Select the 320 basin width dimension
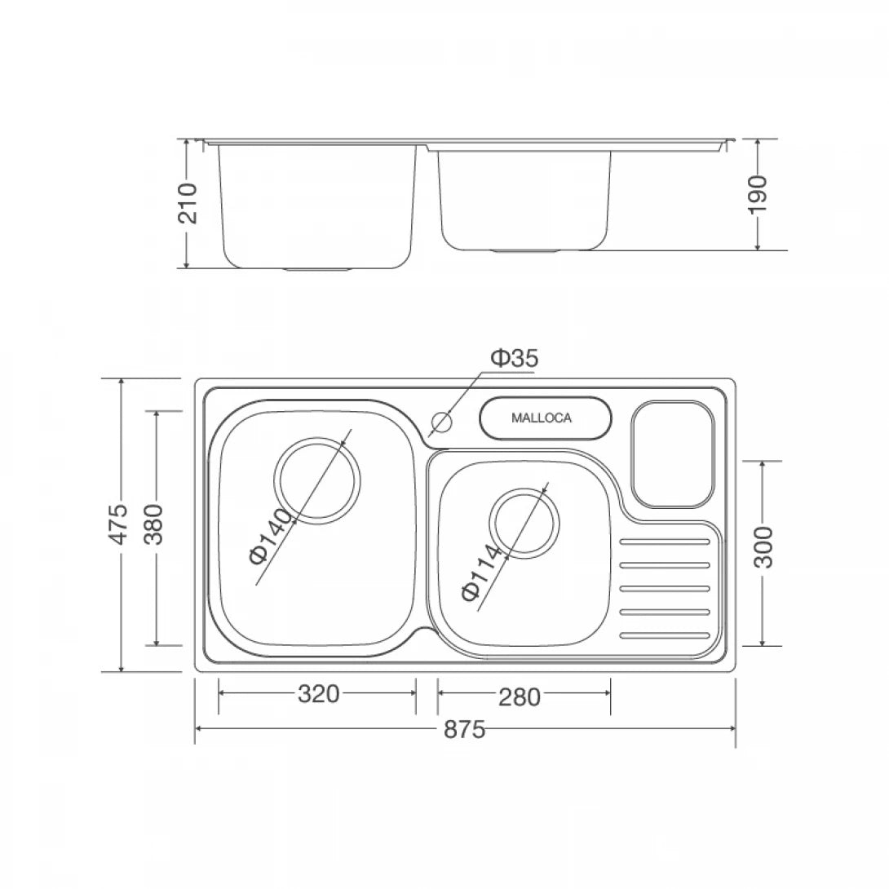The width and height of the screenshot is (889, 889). tap(317, 694)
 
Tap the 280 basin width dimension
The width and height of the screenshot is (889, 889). tap(520, 697)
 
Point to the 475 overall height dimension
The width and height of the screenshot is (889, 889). tap(120, 524)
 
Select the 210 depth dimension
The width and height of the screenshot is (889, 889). tap(188, 202)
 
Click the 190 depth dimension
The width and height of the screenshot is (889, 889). tap(759, 193)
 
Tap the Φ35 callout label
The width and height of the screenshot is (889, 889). tap(514, 357)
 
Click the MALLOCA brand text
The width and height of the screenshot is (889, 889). tap(542, 418)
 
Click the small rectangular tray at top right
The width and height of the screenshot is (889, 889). tap(673, 453)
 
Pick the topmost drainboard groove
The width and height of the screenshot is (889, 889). tap(665, 542)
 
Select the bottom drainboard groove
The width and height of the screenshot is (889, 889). tap(665, 635)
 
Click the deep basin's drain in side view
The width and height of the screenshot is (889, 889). tap(317, 268)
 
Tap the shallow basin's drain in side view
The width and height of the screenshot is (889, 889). tap(526, 249)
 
